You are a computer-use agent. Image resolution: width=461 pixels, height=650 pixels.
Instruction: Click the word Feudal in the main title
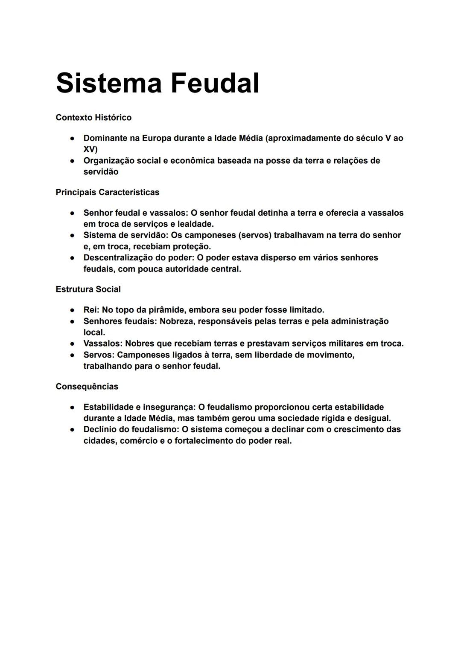pos(215,83)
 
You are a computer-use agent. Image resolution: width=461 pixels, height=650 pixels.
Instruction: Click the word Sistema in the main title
pos(109,83)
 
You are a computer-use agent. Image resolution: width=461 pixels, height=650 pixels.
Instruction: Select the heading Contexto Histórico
pos(93,117)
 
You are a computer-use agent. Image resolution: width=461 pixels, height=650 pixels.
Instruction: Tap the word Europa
pos(156,138)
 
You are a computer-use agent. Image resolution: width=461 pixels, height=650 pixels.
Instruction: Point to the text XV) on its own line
pos(90,149)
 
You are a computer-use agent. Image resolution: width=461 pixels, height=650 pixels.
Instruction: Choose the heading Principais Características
pos(107,192)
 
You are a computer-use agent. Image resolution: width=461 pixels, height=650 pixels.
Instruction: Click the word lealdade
pos(195,224)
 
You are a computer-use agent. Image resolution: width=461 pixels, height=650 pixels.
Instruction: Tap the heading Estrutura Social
pos(88,289)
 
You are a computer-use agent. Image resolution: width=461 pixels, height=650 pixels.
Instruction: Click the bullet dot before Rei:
pos(73,310)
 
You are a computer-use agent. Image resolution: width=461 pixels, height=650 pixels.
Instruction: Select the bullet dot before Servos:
pos(73,355)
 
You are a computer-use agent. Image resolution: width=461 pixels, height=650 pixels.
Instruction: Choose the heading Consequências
pos(87,387)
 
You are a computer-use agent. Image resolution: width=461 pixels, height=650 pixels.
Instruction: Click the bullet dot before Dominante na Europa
pos(73,139)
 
